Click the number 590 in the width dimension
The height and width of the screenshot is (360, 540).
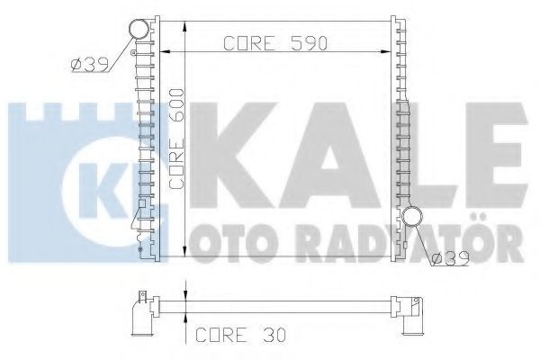click(309, 43)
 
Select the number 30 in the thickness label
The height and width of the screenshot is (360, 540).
click(274, 335)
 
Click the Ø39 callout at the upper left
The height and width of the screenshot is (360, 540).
click(89, 65)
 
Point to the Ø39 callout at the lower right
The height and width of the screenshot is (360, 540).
click(451, 258)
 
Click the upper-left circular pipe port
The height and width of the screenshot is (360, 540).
click(139, 29)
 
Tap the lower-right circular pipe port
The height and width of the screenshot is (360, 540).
click(412, 217)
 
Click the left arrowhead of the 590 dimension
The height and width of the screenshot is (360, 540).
click(166, 52)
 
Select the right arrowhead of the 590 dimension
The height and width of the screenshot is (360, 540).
click(385, 52)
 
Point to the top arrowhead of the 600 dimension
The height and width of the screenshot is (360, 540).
click(185, 26)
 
